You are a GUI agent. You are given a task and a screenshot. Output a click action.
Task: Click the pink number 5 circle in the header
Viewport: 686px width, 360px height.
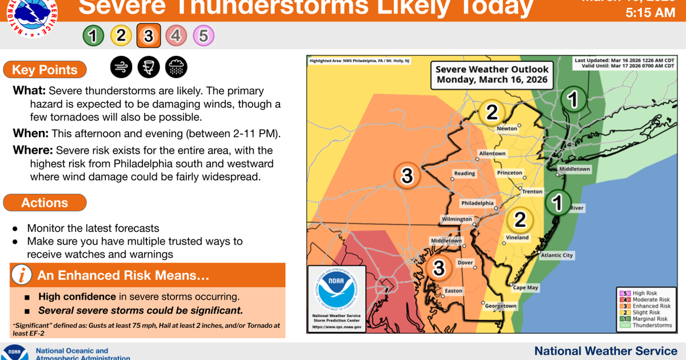click(204, 36)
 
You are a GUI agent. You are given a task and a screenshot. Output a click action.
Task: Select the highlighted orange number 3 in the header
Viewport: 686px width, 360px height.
click(148, 36)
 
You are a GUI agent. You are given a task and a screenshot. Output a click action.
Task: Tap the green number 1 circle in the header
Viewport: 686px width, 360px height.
click(93, 36)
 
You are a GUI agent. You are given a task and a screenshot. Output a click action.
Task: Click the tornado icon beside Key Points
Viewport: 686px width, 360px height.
click(149, 67)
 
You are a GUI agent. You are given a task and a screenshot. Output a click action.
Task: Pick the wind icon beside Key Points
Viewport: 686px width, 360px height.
click(121, 67)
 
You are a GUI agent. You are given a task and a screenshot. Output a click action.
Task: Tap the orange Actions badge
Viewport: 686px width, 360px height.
click(45, 203)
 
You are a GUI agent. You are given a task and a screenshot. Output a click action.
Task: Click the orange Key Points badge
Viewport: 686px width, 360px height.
click(45, 70)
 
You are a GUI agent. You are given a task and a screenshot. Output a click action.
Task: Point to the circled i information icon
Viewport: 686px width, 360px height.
click(22, 275)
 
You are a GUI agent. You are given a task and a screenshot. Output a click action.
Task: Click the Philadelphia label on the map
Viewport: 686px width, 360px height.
click(477, 203)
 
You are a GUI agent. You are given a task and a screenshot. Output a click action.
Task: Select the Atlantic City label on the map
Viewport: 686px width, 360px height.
click(556, 255)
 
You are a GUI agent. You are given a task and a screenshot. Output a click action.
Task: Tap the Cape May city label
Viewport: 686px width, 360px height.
click(525, 288)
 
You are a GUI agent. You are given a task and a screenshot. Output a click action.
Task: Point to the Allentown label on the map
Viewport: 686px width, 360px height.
click(492, 154)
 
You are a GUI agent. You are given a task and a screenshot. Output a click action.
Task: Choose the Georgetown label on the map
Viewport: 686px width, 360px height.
click(500, 306)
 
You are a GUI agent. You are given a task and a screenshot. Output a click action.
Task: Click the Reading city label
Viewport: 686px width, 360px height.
click(464, 173)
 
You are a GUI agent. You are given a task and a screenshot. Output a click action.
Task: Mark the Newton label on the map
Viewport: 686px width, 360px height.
click(506, 129)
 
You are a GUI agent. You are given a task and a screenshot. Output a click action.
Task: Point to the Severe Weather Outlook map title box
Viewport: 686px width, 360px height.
click(492, 74)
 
